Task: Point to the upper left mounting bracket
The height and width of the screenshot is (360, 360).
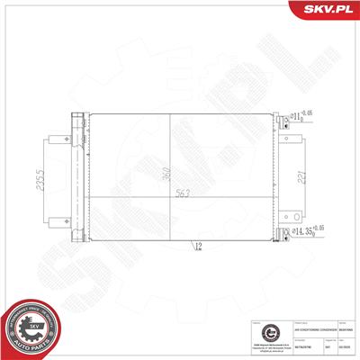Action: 54,143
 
